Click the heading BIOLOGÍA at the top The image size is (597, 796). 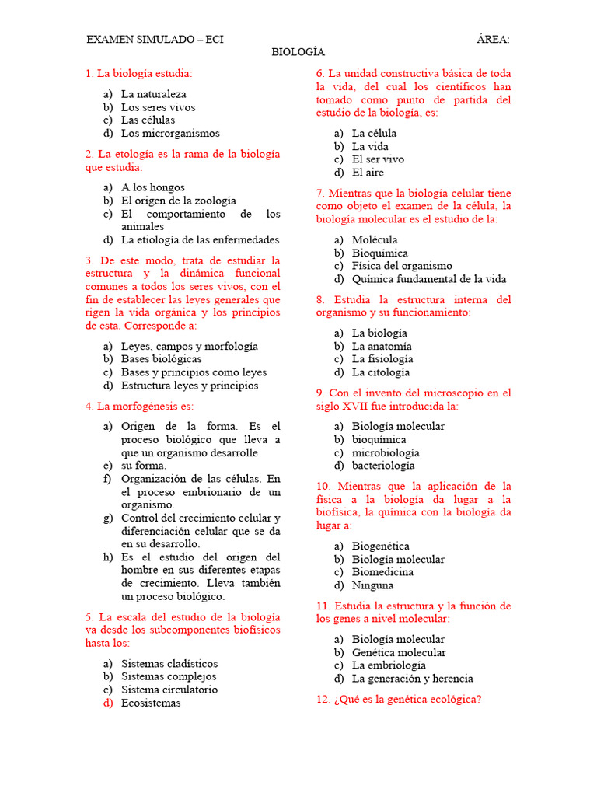(x=298, y=52)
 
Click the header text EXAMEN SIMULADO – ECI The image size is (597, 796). (x=155, y=39)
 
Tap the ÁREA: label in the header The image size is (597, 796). (x=493, y=39)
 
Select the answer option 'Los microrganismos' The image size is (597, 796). (x=170, y=134)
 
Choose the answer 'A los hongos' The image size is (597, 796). (x=153, y=187)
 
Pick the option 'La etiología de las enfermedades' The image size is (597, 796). (x=200, y=240)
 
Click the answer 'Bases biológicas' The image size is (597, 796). (x=161, y=359)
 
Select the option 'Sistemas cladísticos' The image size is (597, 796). (x=169, y=664)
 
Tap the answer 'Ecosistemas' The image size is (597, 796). (x=151, y=703)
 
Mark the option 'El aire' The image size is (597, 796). (x=368, y=173)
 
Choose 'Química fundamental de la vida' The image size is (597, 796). (x=428, y=279)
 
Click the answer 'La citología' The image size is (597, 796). (x=381, y=372)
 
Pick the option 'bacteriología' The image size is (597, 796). (x=383, y=466)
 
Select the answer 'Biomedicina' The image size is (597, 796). (x=382, y=572)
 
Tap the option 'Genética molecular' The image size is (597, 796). (x=399, y=653)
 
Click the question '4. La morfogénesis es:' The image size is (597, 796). (x=139, y=406)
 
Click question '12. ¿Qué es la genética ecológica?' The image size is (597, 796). (x=399, y=699)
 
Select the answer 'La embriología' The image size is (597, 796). (x=389, y=665)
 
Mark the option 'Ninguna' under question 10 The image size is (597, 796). (x=372, y=585)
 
